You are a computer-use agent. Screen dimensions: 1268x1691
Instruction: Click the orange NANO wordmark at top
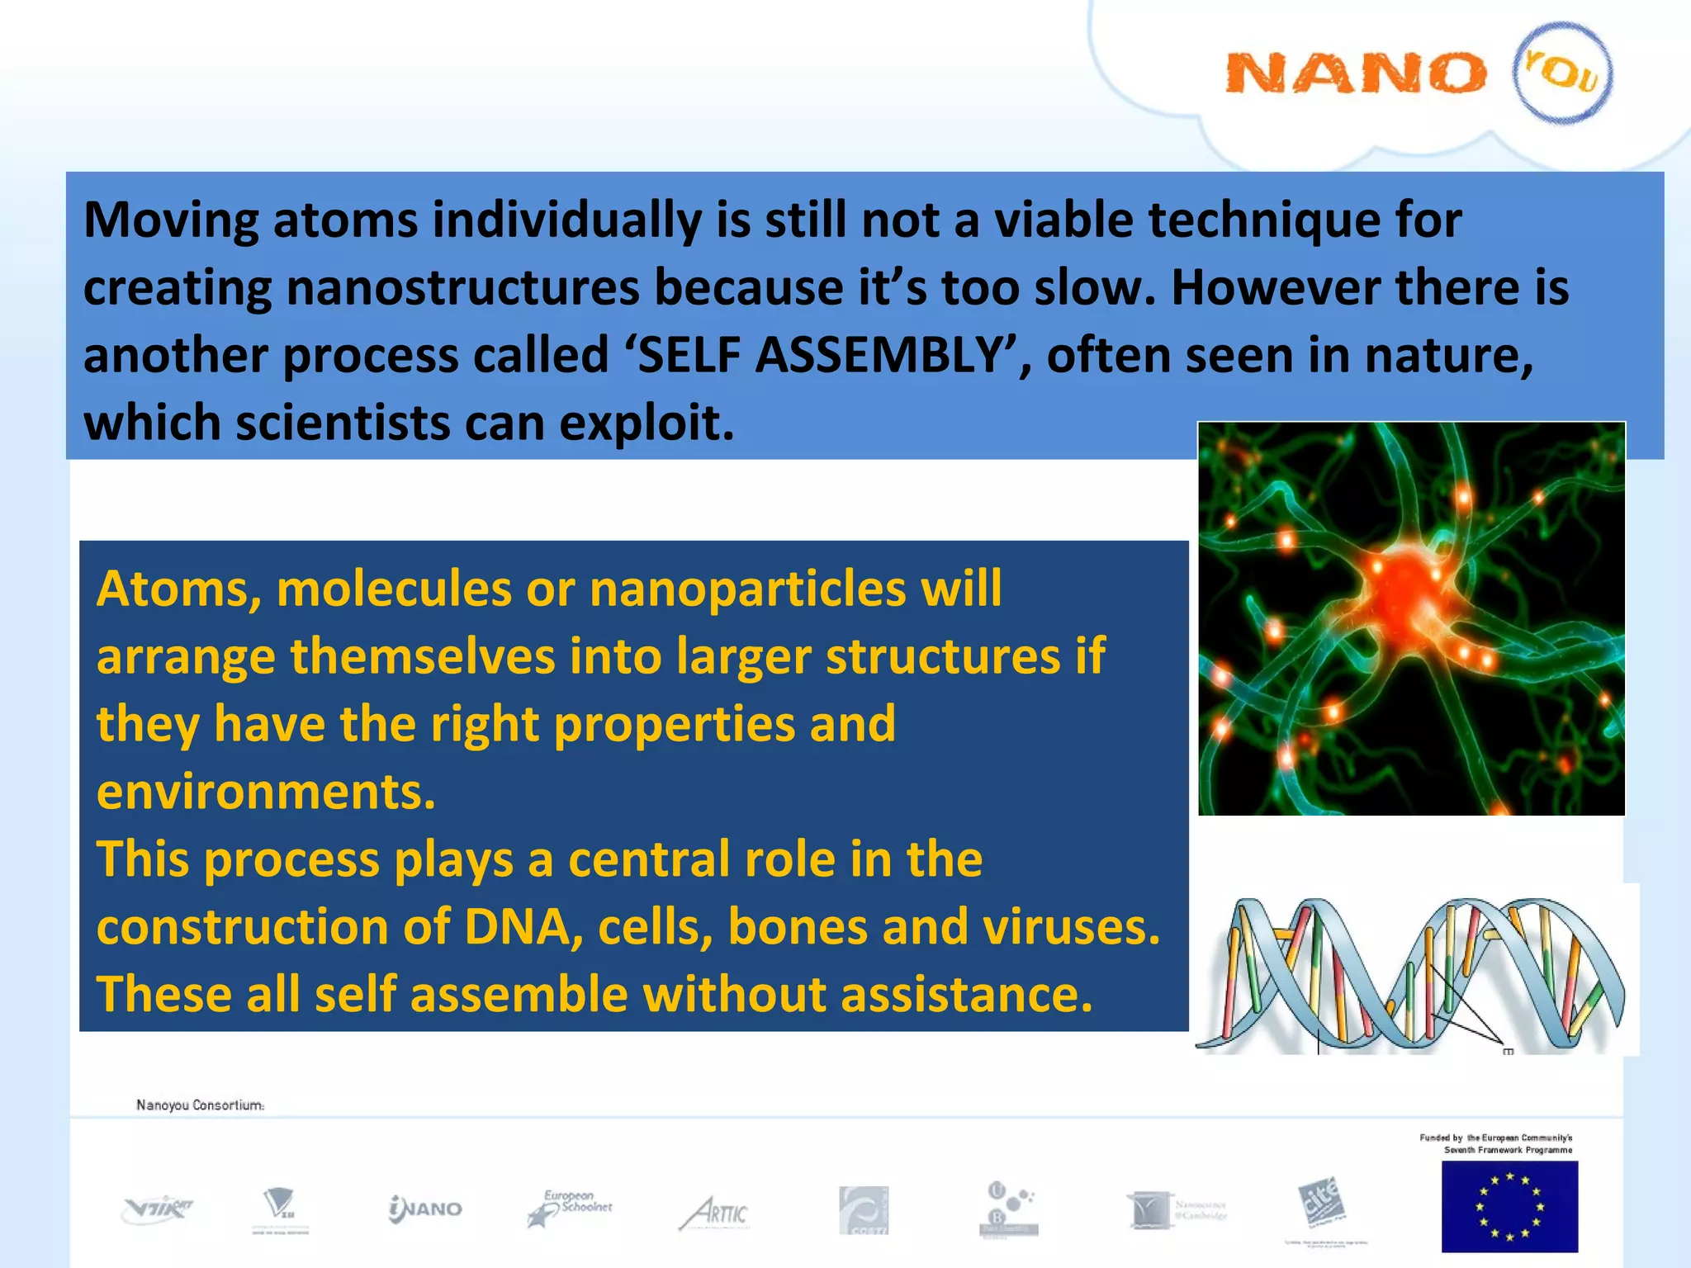click(1354, 73)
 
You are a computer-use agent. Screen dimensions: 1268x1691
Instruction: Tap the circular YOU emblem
click(1562, 73)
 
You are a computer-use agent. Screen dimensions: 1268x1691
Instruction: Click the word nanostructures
click(462, 288)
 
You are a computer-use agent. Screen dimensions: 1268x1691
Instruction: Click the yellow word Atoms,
click(179, 589)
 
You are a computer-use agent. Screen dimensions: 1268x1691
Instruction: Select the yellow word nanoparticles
click(747, 589)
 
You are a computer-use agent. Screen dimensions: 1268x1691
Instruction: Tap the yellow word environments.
click(265, 792)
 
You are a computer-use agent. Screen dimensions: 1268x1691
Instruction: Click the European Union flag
click(1509, 1206)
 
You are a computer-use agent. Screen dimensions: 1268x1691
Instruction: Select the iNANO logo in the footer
click(425, 1209)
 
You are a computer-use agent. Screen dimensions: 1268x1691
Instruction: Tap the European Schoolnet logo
click(570, 1208)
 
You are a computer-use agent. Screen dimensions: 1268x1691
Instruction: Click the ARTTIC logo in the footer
click(715, 1213)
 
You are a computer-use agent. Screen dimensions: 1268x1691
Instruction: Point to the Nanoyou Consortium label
click(200, 1105)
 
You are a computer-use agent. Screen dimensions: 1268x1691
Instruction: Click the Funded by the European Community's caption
click(1496, 1143)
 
